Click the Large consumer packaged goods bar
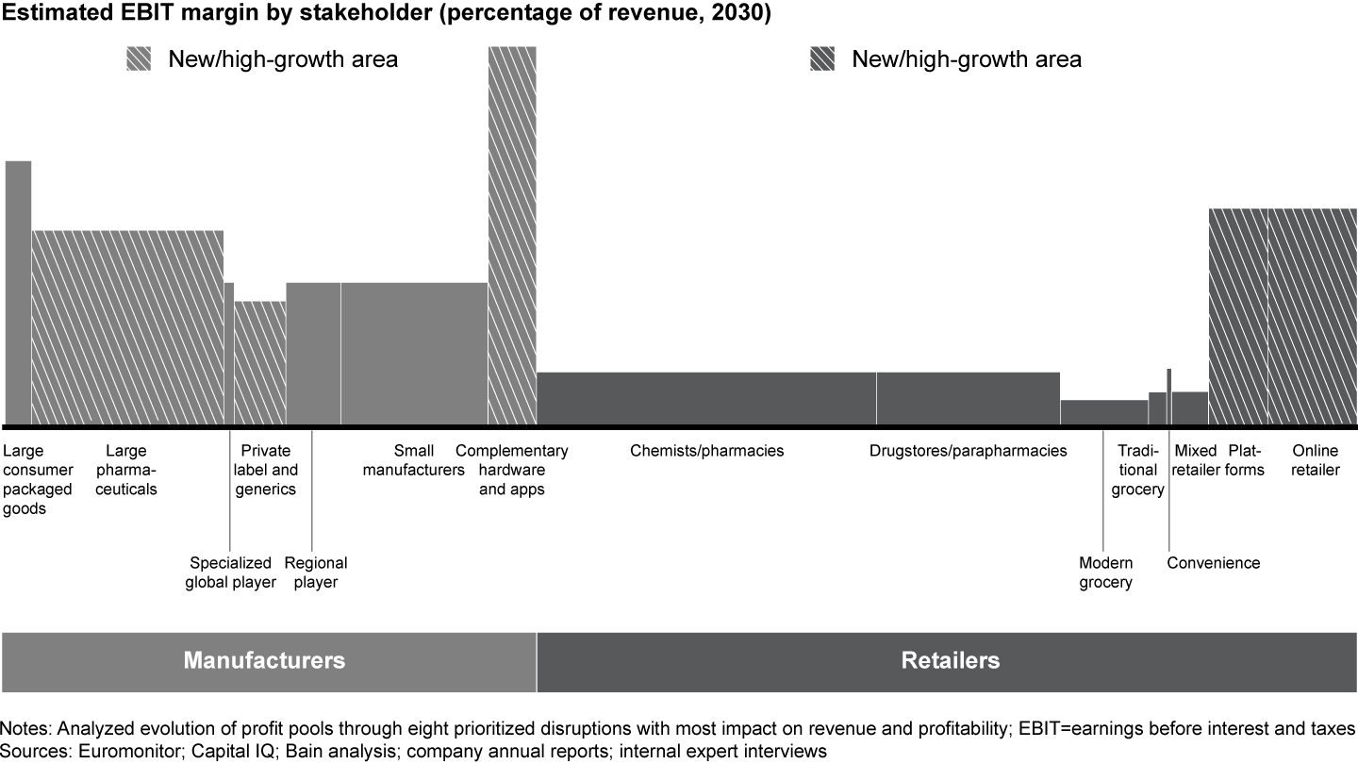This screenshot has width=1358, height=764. (x=18, y=292)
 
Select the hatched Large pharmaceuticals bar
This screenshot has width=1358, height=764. (x=127, y=326)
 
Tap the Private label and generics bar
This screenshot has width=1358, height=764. (x=259, y=362)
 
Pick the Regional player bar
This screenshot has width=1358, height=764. (x=313, y=353)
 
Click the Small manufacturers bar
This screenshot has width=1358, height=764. (x=414, y=353)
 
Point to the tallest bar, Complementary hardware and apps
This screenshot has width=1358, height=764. (x=512, y=236)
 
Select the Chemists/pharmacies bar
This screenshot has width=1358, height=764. (x=706, y=398)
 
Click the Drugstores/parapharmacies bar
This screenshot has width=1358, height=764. (x=969, y=398)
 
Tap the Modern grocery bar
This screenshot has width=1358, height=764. (x=1103, y=412)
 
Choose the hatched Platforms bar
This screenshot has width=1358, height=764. (x=1238, y=316)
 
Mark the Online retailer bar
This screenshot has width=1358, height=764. (x=1313, y=316)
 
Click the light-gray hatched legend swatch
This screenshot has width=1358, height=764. (x=139, y=59)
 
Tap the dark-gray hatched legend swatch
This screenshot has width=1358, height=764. (x=822, y=59)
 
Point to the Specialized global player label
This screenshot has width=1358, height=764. (x=232, y=573)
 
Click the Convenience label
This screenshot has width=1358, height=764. (x=1213, y=563)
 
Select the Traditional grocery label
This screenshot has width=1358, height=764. (x=1137, y=470)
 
